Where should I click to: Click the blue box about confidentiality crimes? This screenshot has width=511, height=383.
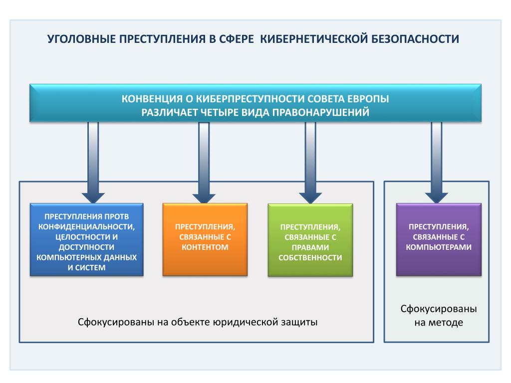coord(87,239)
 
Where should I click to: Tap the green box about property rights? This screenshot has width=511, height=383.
coord(310,240)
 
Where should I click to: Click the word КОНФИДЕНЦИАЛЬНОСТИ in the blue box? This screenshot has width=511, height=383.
coord(87,226)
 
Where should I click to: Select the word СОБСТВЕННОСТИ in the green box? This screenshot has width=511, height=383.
coord(310,257)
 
